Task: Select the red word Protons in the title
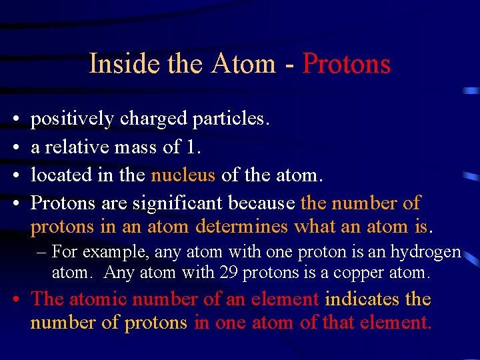(346, 64)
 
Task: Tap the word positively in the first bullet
(73, 119)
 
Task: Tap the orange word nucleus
(183, 175)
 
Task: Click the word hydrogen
(427, 253)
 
